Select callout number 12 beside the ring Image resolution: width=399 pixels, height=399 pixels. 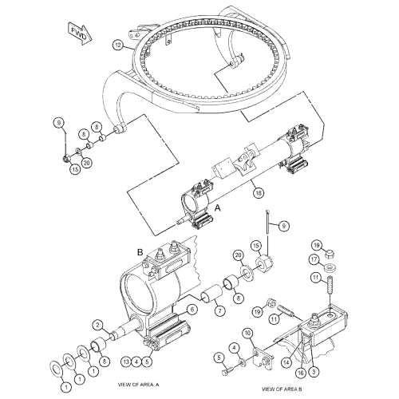tap(117, 45)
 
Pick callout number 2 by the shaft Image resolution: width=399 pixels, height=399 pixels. tap(97, 323)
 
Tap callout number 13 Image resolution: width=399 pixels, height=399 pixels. tap(126, 361)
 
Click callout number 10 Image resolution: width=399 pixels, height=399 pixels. tap(247, 332)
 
